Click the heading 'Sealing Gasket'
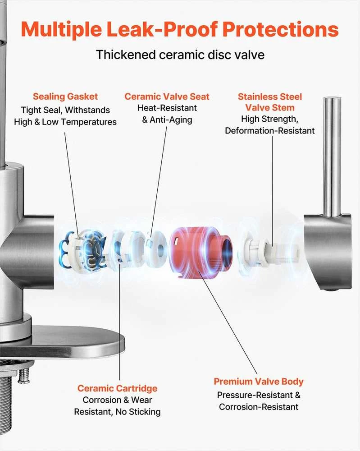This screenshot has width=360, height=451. click(x=65, y=97)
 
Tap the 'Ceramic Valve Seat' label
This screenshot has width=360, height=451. click(x=167, y=97)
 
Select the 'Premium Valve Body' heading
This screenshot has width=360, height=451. click(x=259, y=382)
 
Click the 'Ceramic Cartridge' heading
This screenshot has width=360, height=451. click(x=117, y=388)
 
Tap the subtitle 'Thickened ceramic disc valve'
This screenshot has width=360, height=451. click(x=180, y=55)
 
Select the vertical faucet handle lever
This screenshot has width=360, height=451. click(x=332, y=157)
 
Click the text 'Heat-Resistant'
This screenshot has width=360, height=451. click(x=167, y=108)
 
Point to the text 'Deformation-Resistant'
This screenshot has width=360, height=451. click(x=270, y=131)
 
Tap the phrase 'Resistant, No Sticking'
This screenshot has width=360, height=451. click(x=117, y=412)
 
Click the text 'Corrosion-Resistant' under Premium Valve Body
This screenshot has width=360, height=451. click(x=259, y=407)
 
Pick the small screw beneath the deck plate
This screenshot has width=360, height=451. click(x=24, y=376)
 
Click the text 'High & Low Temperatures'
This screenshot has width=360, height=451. click(x=65, y=122)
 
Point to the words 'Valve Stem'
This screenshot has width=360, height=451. click(x=270, y=108)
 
